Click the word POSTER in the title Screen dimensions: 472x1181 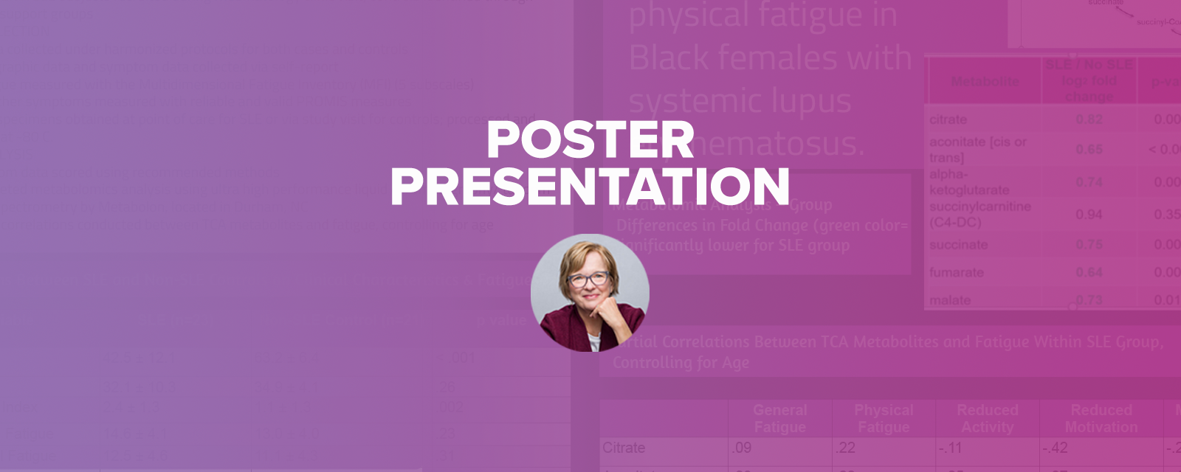590,139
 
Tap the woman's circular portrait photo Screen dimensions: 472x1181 590,293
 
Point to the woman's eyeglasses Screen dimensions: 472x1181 588,279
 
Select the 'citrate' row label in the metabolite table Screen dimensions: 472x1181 948,119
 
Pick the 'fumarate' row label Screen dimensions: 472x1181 956,272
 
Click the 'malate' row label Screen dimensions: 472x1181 950,300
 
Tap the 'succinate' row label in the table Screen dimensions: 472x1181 958,245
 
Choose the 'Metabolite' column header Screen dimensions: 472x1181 985,81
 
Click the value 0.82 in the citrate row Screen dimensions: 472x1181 1089,119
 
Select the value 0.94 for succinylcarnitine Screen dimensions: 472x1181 1089,215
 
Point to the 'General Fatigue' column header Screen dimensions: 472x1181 780,418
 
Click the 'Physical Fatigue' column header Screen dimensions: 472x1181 884,418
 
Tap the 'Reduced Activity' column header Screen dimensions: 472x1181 988,418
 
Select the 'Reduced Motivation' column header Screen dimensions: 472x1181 1101,418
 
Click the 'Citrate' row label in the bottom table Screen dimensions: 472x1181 624,448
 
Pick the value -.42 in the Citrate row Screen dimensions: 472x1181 1056,448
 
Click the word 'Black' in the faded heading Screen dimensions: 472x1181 672,58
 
